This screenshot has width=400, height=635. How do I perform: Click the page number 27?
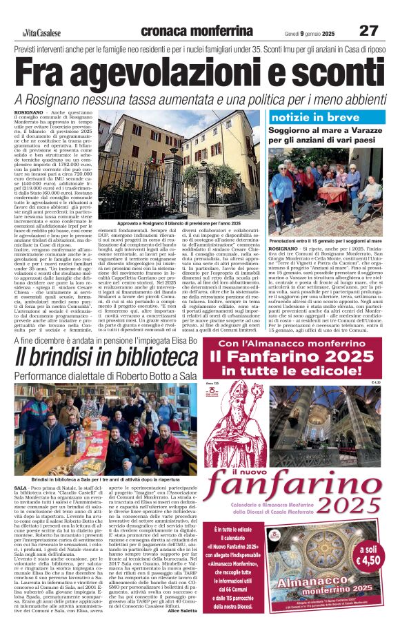(x=368, y=31)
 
